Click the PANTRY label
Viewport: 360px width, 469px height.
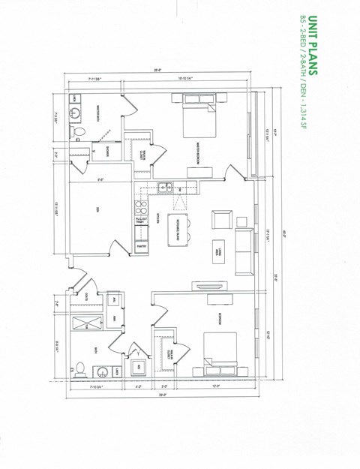pyautogui.click(x=140, y=245)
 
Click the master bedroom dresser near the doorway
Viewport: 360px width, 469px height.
pyautogui.click(x=199, y=170)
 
